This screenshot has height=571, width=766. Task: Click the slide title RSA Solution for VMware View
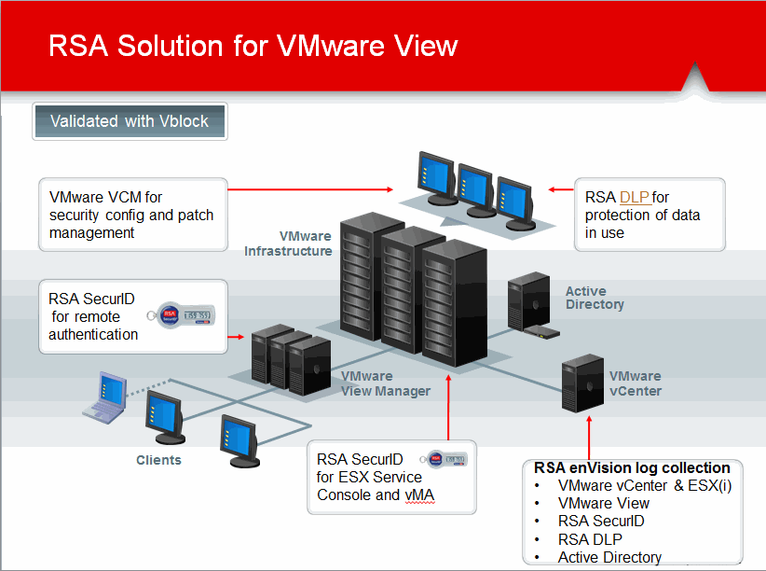tap(253, 46)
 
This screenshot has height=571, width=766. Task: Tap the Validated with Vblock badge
tap(129, 121)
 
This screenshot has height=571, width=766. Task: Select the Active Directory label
tap(595, 299)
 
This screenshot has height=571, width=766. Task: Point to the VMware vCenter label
tap(636, 383)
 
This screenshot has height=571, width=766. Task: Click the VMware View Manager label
tap(385, 383)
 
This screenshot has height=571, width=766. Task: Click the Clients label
tap(158, 460)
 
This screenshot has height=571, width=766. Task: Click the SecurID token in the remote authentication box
tap(185, 315)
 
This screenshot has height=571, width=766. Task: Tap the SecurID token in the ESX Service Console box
tap(446, 459)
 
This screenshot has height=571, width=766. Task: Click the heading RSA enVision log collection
tap(632, 467)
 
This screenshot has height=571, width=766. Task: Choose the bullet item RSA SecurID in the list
tap(601, 521)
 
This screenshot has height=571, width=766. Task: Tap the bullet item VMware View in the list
tap(604, 503)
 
